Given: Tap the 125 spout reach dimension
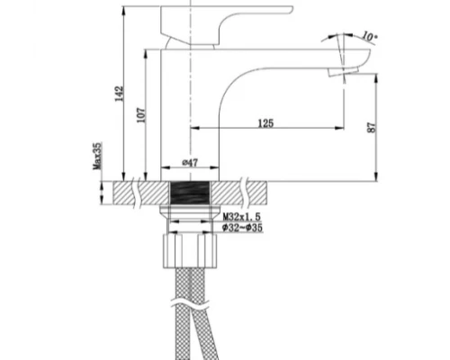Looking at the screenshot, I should point(265,121).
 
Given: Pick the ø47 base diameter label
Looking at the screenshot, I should point(190,162).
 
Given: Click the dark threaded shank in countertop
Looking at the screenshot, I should point(190,192).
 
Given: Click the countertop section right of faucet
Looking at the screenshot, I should point(247,192).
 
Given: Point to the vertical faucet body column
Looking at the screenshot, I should point(190,108).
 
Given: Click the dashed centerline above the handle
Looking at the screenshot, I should point(190,4).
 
